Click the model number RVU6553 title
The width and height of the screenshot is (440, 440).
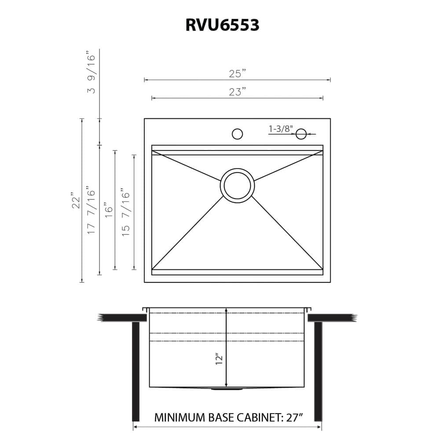pos(222,25)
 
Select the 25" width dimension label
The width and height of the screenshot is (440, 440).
pos(237,73)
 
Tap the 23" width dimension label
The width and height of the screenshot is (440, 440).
pos(237,92)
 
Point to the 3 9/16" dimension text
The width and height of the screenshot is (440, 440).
pos(91,73)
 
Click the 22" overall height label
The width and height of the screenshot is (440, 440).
pos(76,200)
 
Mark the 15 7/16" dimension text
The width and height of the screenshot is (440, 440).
pos(126,212)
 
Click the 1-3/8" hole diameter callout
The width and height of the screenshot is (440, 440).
pos(281,129)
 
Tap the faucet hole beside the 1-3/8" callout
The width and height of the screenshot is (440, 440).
pos(301,134)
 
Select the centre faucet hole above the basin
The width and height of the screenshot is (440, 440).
pos(237,134)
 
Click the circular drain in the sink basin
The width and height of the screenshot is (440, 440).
pos(237,185)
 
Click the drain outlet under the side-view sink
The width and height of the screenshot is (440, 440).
pos(227,389)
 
